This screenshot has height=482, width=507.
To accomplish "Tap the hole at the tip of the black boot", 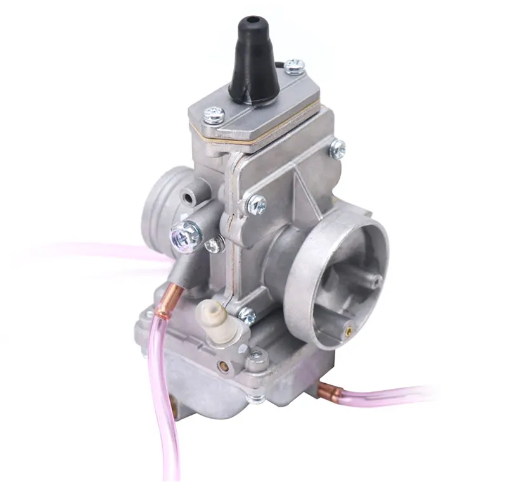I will [x=250, y=23].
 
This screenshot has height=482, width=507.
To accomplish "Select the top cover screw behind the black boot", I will [x=294, y=66].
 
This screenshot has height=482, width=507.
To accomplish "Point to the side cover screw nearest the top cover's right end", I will [x=337, y=149].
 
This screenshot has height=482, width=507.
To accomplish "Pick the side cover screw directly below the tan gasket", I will [x=257, y=203].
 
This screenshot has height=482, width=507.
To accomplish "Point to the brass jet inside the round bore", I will [x=347, y=329].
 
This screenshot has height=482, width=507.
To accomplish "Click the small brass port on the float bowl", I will [x=222, y=365].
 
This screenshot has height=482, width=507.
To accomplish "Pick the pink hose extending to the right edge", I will [x=393, y=394].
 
